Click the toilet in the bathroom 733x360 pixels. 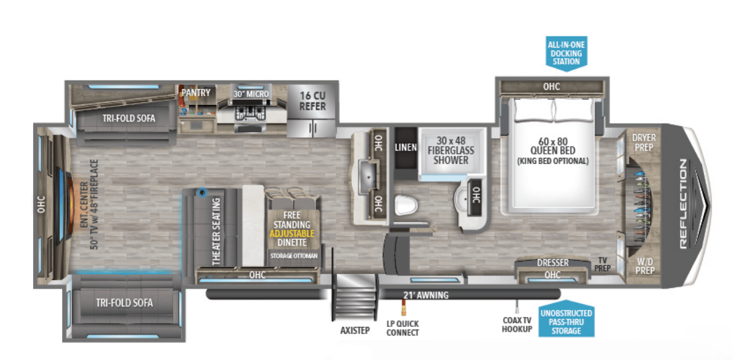(x=404, y=205)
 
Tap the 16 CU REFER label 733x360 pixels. (x=312, y=100)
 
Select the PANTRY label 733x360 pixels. (x=196, y=92)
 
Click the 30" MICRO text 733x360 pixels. (x=252, y=94)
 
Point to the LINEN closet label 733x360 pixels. (x=405, y=147)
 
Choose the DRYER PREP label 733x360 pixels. (x=643, y=141)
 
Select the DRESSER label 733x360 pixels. (x=552, y=263)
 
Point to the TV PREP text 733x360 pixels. (x=604, y=265)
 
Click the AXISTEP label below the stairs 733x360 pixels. (x=355, y=330)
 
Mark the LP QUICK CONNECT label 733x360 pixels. (x=403, y=328)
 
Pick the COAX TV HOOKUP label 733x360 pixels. (x=517, y=324)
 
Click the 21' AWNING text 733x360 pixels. (x=425, y=295)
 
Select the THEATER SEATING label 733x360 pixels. (x=216, y=233)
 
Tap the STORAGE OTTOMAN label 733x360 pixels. (x=294, y=256)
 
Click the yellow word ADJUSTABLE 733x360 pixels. (x=291, y=233)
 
